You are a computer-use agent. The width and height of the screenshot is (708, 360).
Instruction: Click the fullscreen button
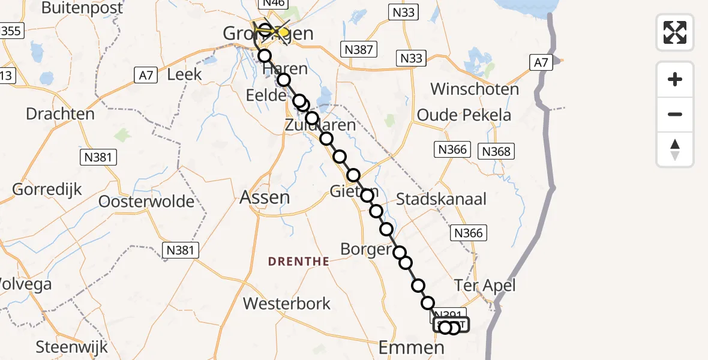[675, 32]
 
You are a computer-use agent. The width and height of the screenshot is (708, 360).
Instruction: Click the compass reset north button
[675, 149]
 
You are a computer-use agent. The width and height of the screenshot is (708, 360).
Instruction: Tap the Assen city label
[265, 197]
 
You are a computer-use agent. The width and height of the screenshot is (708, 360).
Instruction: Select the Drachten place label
[61, 114]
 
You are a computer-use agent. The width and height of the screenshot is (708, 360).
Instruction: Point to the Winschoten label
[475, 89]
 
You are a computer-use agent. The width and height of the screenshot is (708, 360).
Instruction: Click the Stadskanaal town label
[442, 199]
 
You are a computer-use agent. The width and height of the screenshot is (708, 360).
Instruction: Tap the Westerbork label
[287, 304]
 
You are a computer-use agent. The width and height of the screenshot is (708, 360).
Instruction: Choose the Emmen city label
[412, 347]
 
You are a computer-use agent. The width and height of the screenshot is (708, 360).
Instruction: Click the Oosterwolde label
[147, 201]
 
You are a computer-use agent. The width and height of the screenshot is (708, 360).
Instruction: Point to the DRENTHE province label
[298, 262]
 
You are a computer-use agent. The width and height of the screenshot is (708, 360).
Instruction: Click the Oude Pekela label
[464, 115]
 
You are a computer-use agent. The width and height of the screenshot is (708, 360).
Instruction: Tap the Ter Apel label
[485, 285]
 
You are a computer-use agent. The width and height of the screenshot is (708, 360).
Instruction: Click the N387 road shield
[359, 49]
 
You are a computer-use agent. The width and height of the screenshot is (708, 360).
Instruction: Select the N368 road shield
[497, 151]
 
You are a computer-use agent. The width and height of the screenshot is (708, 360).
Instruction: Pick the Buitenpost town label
[83, 8]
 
